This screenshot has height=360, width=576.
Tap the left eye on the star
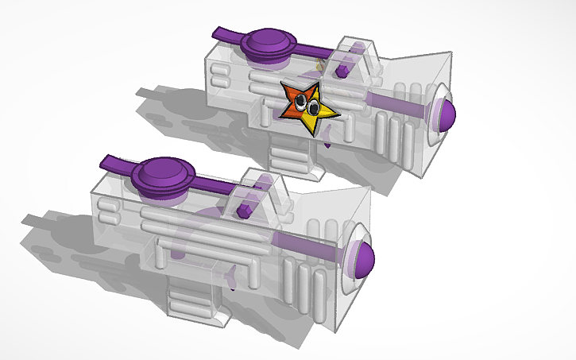click(303, 100)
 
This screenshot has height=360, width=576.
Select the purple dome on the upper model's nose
click(443, 114)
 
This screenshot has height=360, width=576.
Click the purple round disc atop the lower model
click(164, 173)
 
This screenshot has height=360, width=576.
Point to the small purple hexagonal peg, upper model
click(342, 71)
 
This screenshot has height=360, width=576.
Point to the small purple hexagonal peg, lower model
click(245, 210)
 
